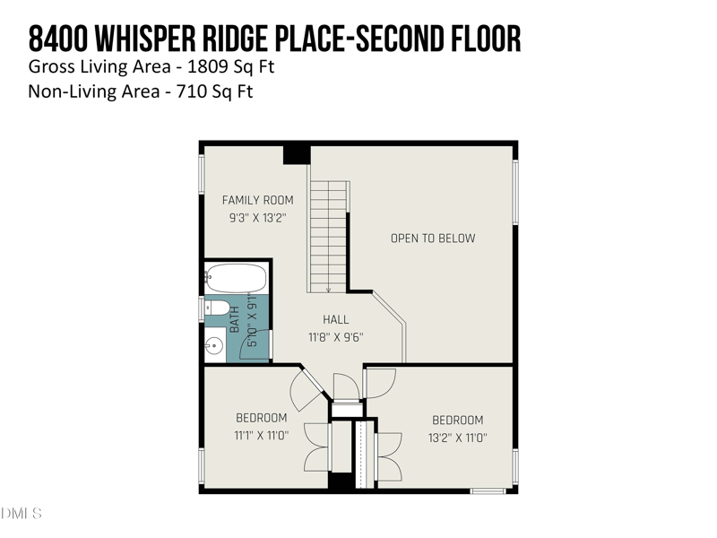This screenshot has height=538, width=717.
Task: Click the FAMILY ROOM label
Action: (x=257, y=200)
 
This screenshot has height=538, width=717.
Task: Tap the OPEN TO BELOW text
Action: (x=433, y=239)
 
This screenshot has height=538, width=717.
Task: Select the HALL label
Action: (x=336, y=320)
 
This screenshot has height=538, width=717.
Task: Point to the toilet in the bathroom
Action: (x=217, y=309)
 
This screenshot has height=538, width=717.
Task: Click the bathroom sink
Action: (x=214, y=347)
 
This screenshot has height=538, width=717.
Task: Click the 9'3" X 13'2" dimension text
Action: (x=257, y=218)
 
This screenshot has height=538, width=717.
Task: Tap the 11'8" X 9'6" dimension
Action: (x=336, y=338)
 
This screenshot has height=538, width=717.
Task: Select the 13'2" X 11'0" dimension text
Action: (x=457, y=438)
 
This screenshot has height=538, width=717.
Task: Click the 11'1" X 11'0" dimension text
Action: (x=261, y=436)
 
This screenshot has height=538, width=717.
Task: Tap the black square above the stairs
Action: (x=297, y=153)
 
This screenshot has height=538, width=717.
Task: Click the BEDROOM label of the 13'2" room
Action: (x=457, y=421)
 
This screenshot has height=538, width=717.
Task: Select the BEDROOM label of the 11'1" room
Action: (x=261, y=418)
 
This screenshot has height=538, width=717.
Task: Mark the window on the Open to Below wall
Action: (x=515, y=192)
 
